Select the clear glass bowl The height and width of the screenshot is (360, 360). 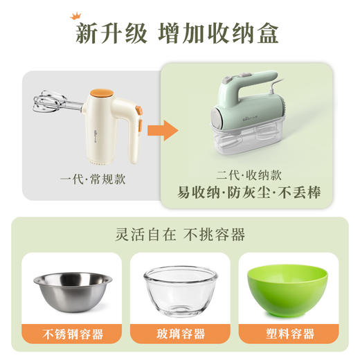tap(180, 291)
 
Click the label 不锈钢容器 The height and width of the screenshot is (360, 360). tap(72, 334)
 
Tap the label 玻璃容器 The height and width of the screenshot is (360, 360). tap(180, 334)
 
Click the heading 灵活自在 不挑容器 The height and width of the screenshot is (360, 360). tap(180, 234)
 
